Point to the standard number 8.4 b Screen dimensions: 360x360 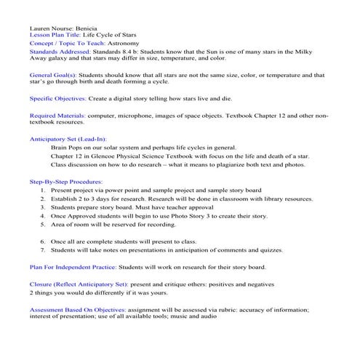[141, 52]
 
